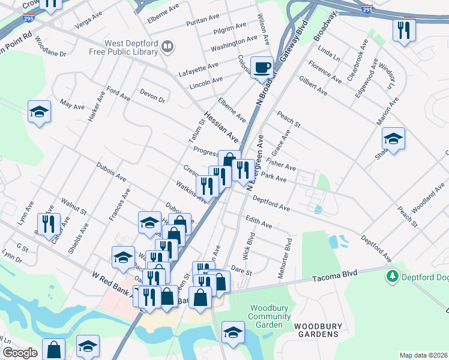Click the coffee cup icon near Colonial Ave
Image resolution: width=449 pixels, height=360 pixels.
click(261, 68)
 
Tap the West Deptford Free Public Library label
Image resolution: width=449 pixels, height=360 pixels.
click(131, 47)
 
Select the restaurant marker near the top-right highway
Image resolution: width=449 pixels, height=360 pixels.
click(403, 29)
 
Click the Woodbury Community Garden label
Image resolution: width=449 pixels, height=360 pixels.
click(266, 316)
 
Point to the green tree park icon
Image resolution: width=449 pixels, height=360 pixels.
click(393, 276)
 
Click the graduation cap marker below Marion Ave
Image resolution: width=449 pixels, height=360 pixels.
click(393, 139)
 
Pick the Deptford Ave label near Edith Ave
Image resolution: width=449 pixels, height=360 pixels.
click(271, 203)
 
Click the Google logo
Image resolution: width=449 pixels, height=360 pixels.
click(19, 353)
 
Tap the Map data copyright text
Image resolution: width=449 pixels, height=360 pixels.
click(423, 355)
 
